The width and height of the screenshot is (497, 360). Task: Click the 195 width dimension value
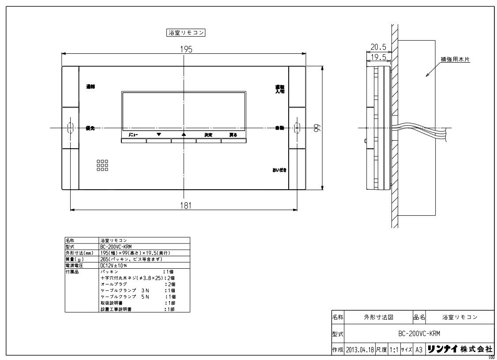[x=186, y=49]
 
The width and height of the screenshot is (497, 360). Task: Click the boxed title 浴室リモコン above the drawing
[x=184, y=33]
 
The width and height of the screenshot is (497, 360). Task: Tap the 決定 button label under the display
[x=208, y=135]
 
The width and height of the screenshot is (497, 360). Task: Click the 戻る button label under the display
[x=233, y=135]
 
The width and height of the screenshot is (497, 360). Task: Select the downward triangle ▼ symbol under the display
[x=159, y=134]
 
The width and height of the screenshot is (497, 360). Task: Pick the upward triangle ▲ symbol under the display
[x=184, y=134]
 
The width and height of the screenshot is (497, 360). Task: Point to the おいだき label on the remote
[x=279, y=169]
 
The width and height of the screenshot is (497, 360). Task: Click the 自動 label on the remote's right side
[x=279, y=128]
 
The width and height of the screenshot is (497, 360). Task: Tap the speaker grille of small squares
[x=102, y=165]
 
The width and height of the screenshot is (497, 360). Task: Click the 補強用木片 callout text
[x=454, y=59]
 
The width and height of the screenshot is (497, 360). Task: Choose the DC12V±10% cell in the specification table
[x=114, y=266]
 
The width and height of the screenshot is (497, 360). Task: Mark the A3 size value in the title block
[x=419, y=349]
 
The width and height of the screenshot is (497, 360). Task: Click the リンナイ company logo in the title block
[x=443, y=349]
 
